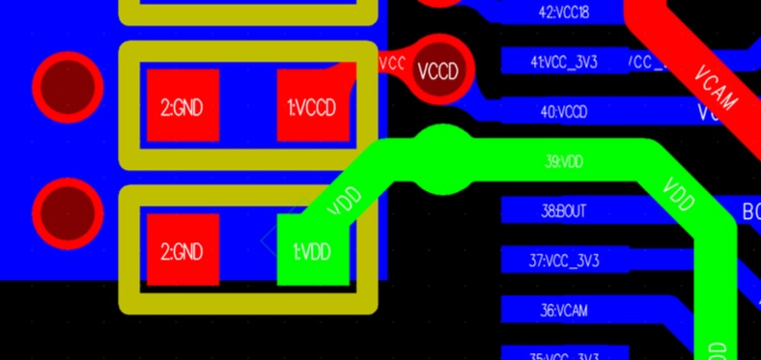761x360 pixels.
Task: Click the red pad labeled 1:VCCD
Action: point(312,106)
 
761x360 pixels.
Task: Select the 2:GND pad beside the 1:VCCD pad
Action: point(182,106)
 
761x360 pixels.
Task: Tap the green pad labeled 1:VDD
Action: point(312,251)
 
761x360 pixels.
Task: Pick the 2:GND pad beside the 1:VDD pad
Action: point(182,251)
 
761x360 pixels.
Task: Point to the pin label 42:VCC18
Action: point(564,13)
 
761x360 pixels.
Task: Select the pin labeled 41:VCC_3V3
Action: point(564,62)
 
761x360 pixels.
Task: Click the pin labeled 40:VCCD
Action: point(564,112)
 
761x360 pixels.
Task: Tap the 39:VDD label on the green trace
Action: point(564,161)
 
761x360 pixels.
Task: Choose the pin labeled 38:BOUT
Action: point(564,210)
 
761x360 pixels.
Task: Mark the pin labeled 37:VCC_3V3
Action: point(564,261)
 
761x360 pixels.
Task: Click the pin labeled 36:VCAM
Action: point(564,310)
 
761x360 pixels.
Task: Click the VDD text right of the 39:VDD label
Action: point(679,194)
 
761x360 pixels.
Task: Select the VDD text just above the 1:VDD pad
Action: point(345,201)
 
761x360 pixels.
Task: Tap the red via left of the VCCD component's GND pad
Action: point(68,87)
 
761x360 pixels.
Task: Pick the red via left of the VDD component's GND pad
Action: point(68,214)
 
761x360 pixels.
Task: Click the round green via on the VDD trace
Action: point(443,159)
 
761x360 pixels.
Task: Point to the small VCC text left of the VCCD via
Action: point(392,63)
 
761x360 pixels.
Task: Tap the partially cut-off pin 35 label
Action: point(564,354)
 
